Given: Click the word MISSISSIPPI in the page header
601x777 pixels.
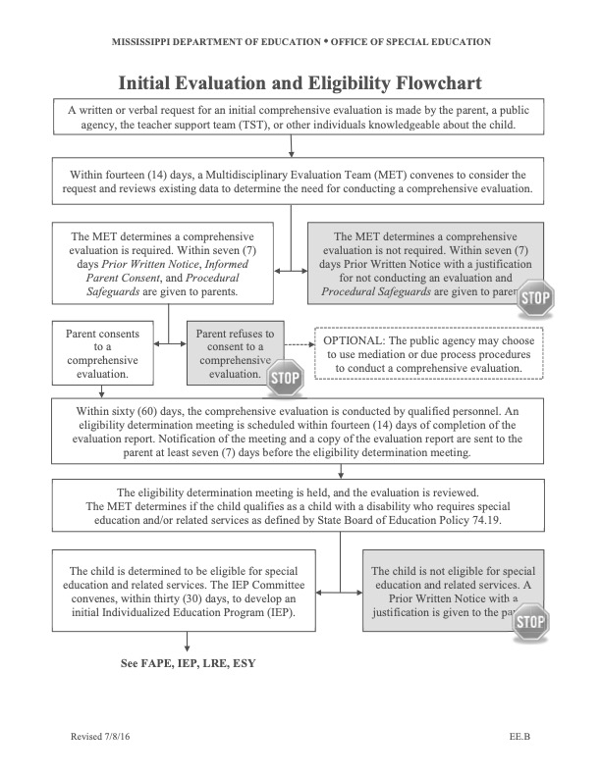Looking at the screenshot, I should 145,42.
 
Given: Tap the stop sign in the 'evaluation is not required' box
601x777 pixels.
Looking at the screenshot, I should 534,297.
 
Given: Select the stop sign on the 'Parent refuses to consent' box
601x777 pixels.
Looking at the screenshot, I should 285,376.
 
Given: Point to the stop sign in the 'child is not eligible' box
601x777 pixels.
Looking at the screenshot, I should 530,620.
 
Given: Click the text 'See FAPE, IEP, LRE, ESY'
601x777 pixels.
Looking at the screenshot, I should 188,663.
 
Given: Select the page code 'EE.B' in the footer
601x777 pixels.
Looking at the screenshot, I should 520,736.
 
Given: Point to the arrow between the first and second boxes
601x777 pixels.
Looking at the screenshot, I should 292,148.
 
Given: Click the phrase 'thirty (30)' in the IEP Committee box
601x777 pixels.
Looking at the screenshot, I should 187,599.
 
